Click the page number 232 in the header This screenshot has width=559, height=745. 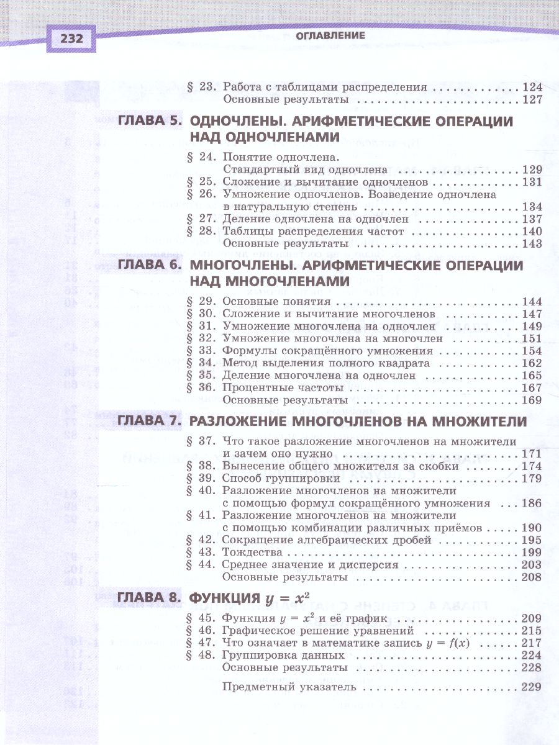point(71,39)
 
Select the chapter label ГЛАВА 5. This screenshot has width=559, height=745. point(149,122)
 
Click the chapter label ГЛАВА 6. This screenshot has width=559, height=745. point(149,266)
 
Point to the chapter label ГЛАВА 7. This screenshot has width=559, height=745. point(149,422)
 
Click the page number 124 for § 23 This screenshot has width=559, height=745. point(532,88)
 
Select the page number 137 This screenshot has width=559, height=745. point(532,219)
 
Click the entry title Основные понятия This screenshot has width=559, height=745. point(276,302)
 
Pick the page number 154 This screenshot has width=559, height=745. point(532,351)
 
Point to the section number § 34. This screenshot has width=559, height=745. point(200,363)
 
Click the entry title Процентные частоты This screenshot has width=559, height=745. point(280,388)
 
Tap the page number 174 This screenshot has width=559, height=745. point(532,466)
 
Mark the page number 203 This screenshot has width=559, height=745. point(532,565)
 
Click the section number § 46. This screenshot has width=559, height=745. point(200,631)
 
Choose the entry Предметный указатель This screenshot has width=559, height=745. point(289,687)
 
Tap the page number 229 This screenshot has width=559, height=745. point(532,687)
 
